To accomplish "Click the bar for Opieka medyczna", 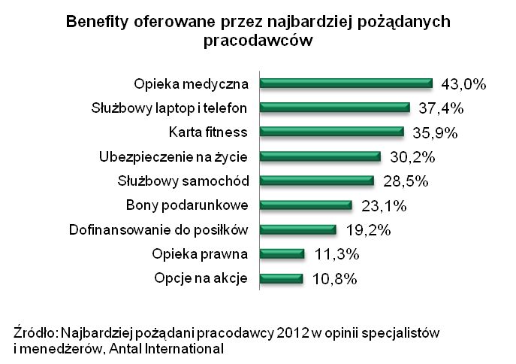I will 346,83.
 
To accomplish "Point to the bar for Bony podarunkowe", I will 306,205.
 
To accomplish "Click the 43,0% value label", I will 463,84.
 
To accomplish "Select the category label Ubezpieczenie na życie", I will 179,156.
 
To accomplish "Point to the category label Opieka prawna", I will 205,253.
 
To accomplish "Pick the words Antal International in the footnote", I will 168,348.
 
